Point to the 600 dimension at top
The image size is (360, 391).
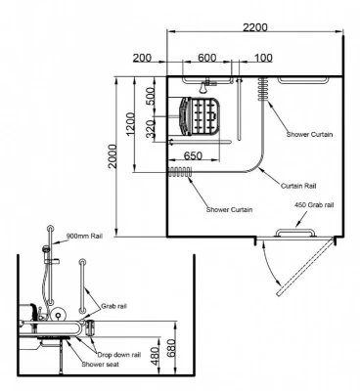click(206, 58)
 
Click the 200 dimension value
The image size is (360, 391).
click(142, 58)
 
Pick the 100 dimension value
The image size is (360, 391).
click(263, 58)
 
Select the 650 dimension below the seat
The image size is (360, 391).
click(193, 156)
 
